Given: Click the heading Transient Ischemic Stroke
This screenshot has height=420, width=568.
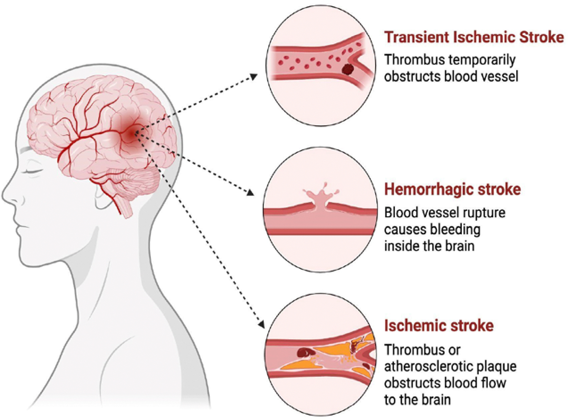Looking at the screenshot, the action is [x=474, y=37].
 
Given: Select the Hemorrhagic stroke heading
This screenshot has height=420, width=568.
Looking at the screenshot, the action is [x=452, y=190].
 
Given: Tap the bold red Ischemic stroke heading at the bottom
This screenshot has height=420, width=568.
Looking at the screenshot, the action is [x=439, y=326].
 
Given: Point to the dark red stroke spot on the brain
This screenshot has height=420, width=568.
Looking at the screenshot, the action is [x=131, y=132].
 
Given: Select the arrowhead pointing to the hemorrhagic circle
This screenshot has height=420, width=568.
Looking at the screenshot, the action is [x=250, y=194].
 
